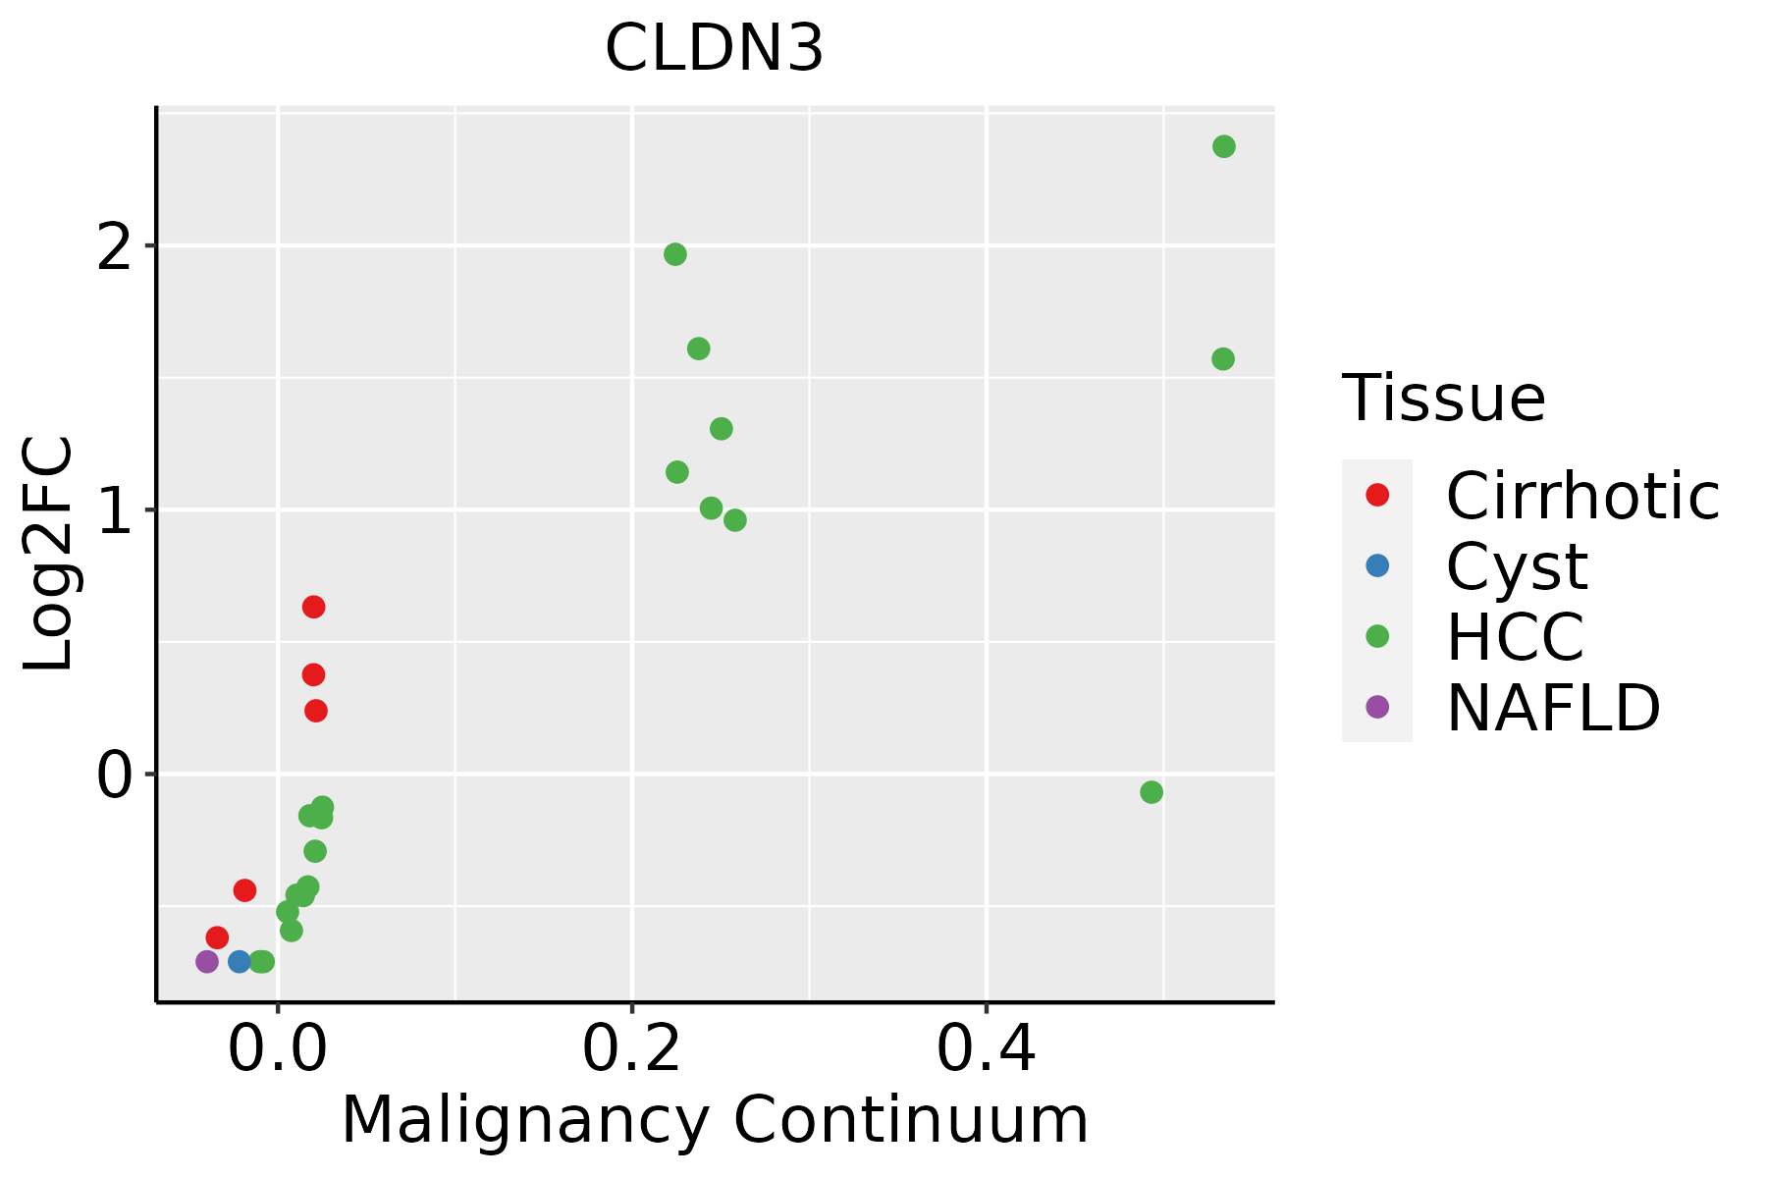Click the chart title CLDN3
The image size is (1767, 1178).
coord(714,49)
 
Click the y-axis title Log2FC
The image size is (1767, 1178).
coord(49,555)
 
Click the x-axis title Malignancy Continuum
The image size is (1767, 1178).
coord(714,1120)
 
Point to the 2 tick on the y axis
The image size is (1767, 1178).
coord(115,245)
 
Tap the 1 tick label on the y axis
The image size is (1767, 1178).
coord(115,509)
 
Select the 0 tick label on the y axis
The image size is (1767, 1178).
coord(115,775)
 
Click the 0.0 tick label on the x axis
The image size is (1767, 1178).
coord(278,1050)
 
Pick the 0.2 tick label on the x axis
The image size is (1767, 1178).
coord(632,1050)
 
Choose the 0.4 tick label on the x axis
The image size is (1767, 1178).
coord(986,1050)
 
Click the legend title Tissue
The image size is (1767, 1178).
coord(1443,399)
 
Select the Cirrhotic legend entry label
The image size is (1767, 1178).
coord(1582,496)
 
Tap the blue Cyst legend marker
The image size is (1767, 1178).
coord(1377,565)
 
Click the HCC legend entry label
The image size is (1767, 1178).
coord(1515,636)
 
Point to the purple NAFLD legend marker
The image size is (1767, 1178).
coord(1377,706)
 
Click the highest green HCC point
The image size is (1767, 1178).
coord(1223,146)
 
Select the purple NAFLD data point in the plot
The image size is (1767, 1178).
coord(207,961)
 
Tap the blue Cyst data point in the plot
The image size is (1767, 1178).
coord(240,961)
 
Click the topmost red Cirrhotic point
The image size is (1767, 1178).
coord(313,607)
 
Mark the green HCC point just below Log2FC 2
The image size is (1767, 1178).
coord(675,254)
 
